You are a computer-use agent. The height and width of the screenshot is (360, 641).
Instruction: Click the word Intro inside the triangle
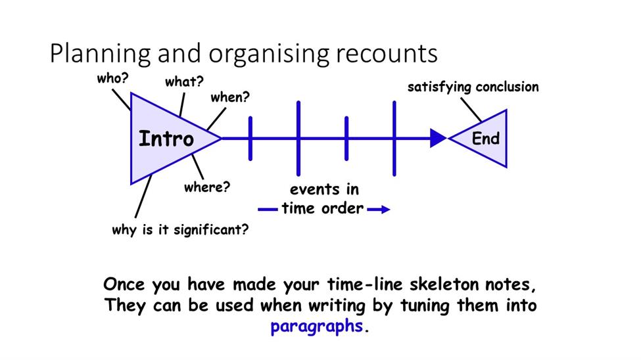point(166,139)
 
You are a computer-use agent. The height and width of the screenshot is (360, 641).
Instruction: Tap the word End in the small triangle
point(486,139)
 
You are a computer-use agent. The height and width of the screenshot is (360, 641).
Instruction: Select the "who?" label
point(113,78)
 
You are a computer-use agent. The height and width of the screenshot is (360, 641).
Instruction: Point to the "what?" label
point(184,81)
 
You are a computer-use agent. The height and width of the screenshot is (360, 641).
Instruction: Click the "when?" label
point(229,97)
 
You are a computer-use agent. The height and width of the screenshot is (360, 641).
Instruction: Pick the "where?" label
point(207,187)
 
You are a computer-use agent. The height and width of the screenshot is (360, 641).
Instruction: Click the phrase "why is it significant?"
point(180,230)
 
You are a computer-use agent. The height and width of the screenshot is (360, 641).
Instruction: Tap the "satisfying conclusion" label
point(473,87)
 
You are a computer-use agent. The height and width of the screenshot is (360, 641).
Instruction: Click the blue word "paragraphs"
point(317,326)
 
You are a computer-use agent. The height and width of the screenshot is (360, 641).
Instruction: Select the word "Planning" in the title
point(100,54)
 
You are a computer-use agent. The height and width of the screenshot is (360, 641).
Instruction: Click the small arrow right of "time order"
point(379,210)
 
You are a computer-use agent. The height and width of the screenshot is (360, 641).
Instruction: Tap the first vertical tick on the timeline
point(250,139)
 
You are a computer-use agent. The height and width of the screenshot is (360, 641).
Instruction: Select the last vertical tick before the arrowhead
point(394,139)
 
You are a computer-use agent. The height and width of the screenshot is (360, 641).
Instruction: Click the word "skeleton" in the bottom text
point(444,284)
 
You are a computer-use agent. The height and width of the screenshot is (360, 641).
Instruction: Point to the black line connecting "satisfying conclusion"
point(471,110)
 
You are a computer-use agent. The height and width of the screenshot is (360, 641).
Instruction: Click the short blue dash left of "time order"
point(268,210)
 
